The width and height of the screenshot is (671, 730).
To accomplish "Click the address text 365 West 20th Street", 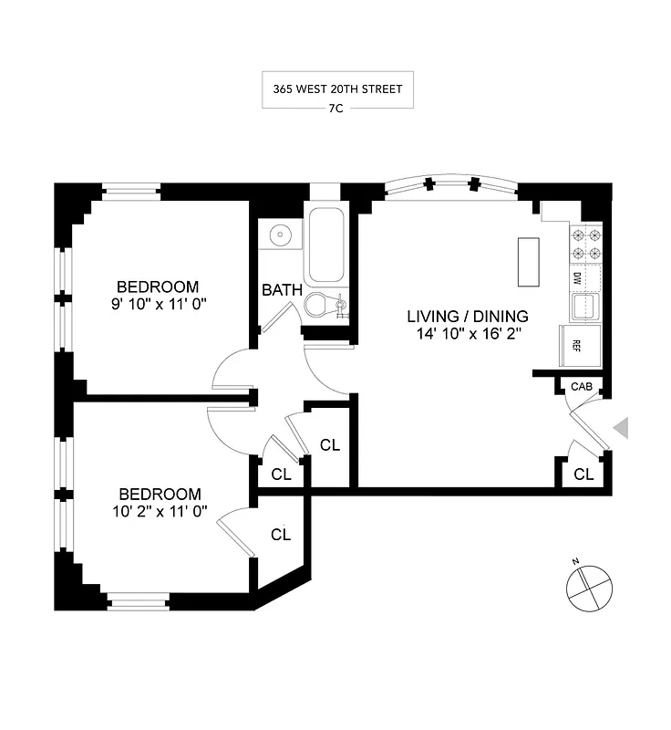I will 337,90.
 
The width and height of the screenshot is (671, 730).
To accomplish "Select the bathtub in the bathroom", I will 326,247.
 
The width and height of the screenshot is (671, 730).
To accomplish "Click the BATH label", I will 283,290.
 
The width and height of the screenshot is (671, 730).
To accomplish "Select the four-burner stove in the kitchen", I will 586,244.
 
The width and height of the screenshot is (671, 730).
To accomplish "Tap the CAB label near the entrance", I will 582,388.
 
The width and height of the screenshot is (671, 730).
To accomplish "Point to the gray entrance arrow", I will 622,428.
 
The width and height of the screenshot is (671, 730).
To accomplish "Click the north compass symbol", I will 589,584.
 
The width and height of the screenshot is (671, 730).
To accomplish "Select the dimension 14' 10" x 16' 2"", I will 468,335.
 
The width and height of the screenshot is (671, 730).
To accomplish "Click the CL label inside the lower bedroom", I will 281,535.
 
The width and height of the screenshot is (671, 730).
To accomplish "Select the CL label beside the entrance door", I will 583,474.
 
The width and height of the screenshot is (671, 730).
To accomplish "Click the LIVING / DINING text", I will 468,317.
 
